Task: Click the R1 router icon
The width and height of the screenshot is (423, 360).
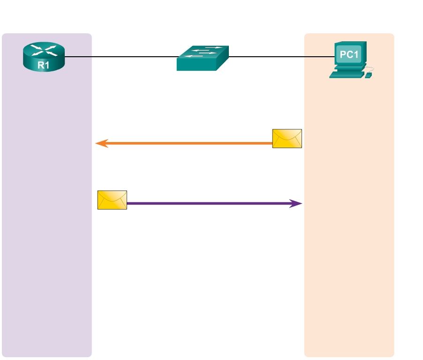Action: [43, 57]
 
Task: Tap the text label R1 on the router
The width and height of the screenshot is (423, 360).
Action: [43, 66]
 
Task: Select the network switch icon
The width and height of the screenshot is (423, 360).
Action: [203, 58]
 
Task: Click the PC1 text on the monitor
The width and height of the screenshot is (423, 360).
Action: [349, 55]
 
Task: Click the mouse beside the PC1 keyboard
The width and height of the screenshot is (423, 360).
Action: [369, 75]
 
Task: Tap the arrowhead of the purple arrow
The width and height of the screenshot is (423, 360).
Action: [296, 203]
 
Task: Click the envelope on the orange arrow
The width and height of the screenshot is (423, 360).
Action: [287, 138]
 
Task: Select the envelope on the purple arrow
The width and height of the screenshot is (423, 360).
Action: [112, 200]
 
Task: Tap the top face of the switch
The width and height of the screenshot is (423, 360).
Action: [204, 52]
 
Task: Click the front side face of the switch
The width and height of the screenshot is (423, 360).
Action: [195, 65]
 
